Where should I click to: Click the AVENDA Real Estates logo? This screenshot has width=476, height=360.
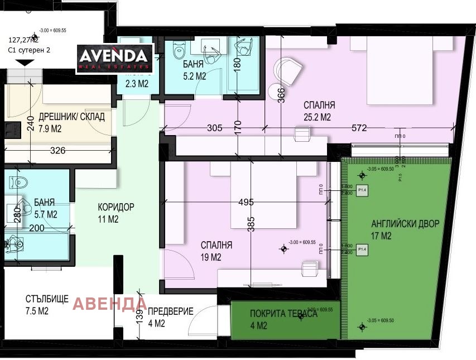coord(114,57)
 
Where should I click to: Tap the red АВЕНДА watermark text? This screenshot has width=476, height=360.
coord(110,304)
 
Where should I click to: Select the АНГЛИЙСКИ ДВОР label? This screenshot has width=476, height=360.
coord(405,224)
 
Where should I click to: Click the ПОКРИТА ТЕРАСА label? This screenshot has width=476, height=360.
coord(283,314)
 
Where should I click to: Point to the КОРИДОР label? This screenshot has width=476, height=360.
coord(116,207)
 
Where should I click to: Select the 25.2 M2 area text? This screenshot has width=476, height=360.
coord(318,117)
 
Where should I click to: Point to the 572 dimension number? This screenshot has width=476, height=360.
coord(359,128)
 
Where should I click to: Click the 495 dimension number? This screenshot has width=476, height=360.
coord(246,201)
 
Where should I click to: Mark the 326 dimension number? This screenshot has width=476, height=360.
coord(57,151)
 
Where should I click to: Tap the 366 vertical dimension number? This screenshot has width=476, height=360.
coord(281,96)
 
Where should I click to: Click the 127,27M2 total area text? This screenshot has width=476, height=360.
coord(23,40)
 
